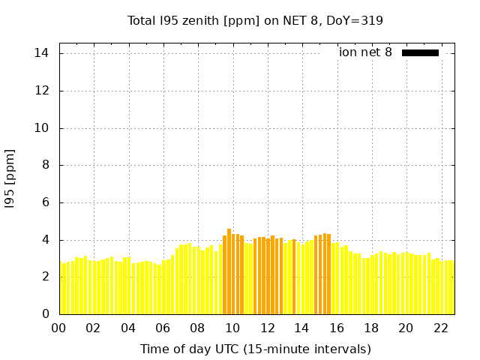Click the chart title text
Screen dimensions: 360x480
[255, 20]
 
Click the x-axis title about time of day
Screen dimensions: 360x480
[255, 349]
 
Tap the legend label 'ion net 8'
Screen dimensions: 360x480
[365, 52]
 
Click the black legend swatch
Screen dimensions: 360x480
[420, 52]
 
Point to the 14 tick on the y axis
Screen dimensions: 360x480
[41, 53]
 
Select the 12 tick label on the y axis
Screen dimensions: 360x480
[41, 91]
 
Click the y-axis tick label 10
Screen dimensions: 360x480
[41, 127]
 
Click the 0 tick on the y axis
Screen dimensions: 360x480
[45, 314]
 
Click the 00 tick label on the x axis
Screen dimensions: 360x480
[58, 328]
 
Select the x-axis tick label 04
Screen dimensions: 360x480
[128, 328]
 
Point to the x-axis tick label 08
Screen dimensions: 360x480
[197, 328]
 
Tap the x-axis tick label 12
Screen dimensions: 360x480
[267, 328]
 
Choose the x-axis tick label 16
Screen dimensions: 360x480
[337, 328]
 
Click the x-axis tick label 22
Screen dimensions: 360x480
[441, 328]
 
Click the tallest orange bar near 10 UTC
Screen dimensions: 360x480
[229, 271]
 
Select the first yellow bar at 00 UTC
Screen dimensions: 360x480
[61, 289]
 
